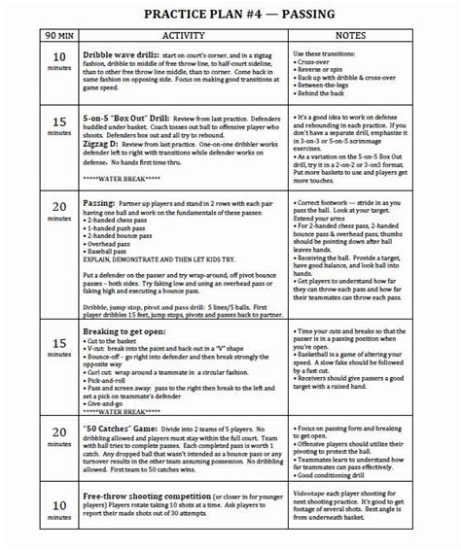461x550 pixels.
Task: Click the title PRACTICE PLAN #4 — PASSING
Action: tap(233, 14)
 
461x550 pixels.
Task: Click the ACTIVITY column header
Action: tap(182, 35)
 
